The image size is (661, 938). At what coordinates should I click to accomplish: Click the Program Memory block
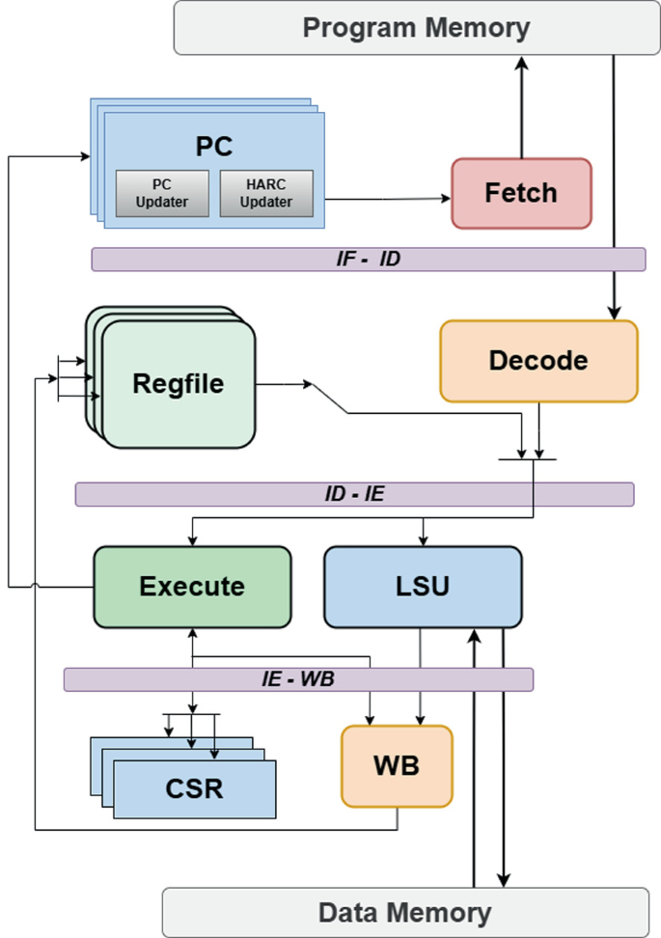coord(416,27)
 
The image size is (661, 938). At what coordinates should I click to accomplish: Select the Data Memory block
coord(404,912)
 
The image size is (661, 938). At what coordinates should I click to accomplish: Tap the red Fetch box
coord(521,193)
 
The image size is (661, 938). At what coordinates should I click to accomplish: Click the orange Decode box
coord(538,361)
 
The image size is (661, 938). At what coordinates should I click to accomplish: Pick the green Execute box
coord(192,586)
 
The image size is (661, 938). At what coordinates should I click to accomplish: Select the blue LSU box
coord(423,586)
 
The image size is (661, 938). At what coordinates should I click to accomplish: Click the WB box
coord(396,765)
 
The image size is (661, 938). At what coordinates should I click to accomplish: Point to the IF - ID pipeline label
coord(367,259)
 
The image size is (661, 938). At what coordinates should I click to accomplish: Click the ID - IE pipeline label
coord(354,494)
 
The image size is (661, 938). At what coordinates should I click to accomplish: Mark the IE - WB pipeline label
coord(298,679)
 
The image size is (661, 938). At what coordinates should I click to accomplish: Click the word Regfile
coord(178,384)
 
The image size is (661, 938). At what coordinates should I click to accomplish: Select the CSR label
coord(194,788)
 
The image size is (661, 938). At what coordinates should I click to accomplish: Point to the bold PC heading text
coord(214,147)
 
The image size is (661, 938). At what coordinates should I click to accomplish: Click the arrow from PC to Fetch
coord(386,199)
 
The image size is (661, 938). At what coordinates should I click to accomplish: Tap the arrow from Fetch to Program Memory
coord(521,106)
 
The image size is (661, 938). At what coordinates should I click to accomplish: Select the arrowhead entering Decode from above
coord(615,312)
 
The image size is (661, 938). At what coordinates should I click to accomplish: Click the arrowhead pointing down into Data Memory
coord(504,879)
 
